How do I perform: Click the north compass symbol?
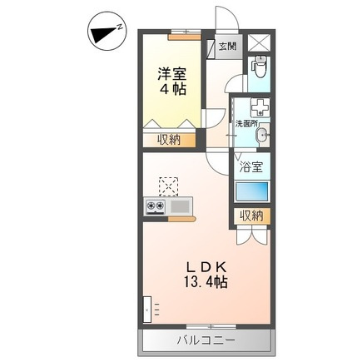tap(107, 31)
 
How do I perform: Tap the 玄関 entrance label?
tap(227, 47)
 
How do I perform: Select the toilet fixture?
tap(259, 67)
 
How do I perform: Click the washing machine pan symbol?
tap(260, 107)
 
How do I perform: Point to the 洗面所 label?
tap(246, 124)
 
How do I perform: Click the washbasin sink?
tap(262, 136)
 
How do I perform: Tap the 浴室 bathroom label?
tap(251, 167)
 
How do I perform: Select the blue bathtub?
tap(252, 191)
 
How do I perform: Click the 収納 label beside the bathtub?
tap(251, 216)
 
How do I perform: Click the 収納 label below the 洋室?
tap(169, 140)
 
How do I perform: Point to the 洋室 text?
tap(172, 73)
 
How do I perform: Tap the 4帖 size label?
tap(172, 89)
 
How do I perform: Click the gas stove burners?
tap(156, 206)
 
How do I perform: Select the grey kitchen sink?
tap(180, 206)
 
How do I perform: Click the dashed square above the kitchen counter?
tap(168, 186)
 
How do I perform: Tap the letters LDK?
tap(206, 267)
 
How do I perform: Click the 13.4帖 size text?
tap(206, 282)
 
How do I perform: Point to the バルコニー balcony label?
tap(206, 340)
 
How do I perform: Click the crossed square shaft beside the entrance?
tap(259, 43)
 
